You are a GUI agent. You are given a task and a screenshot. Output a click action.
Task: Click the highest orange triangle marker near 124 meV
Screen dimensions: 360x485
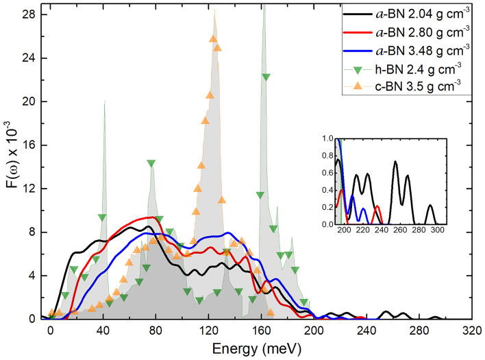click(x=213, y=38)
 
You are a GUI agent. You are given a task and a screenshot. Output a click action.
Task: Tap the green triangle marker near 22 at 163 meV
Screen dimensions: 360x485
click(x=266, y=77)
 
